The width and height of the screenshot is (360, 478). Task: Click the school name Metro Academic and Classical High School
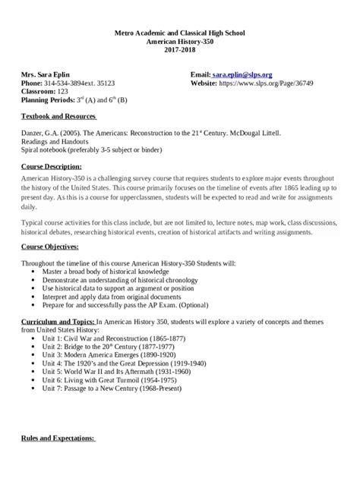click(x=180, y=35)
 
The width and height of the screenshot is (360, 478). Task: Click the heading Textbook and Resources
click(x=58, y=116)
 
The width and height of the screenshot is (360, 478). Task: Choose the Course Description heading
click(x=52, y=165)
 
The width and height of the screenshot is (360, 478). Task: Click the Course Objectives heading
click(x=51, y=247)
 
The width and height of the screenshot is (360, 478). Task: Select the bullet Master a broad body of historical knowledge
click(x=111, y=271)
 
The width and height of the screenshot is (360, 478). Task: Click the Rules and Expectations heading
click(x=58, y=439)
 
